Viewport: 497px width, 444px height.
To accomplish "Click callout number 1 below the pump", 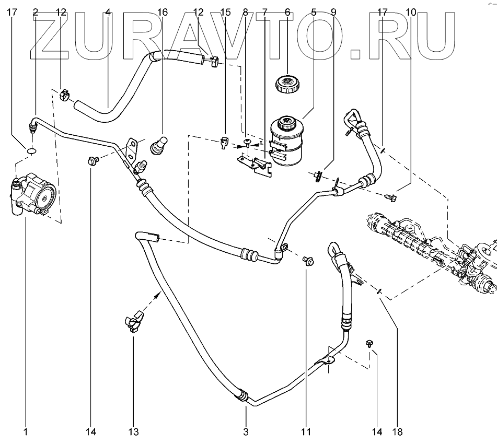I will point(25,431).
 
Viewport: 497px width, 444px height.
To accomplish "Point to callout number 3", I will point(246,431).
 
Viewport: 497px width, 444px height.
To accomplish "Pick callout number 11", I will point(306,431).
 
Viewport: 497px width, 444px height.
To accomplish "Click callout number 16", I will point(162,11).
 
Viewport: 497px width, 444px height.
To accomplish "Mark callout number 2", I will point(36,11).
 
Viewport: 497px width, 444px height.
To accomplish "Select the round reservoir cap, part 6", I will point(287,83).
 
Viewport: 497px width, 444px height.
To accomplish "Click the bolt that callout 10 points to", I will point(389,197).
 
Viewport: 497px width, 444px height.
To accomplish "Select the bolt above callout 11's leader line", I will point(307,260).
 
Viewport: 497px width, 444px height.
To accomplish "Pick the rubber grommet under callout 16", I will point(158,145).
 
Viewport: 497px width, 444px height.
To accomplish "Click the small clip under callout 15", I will point(225,141).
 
